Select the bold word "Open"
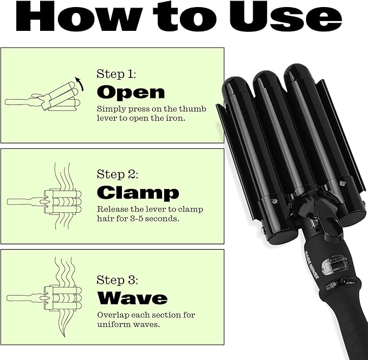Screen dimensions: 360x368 130,92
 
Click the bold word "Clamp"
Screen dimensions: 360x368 138,192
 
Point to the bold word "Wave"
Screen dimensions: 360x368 132,298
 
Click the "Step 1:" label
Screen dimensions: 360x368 117,74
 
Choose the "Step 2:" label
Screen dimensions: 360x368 118,174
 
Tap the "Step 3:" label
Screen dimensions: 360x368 118,280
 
